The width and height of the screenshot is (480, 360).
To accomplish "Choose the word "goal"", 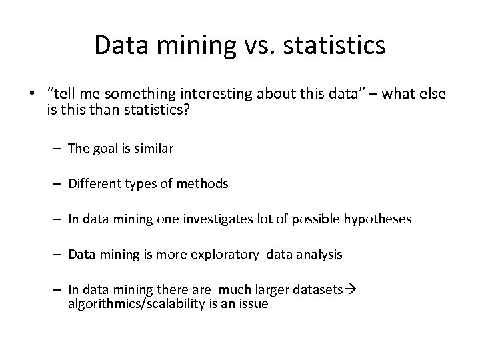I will click(105, 149).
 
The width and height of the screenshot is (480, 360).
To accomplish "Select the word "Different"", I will click(94, 183).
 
